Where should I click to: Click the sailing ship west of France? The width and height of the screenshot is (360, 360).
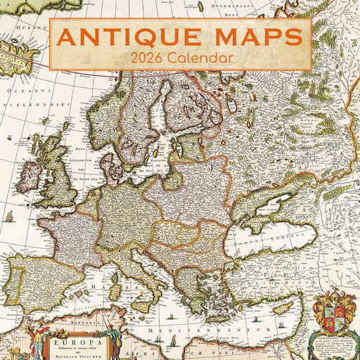click(8, 215)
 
